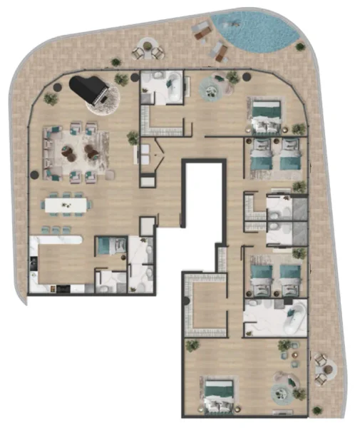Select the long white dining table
click(x=67, y=205)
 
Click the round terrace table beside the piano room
click(x=148, y=50)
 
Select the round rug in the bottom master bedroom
click(x=285, y=391)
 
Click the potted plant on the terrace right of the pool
click(x=300, y=46)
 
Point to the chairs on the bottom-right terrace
click(x=324, y=367)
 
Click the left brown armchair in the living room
click(x=68, y=151)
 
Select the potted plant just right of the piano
click(x=122, y=79)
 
